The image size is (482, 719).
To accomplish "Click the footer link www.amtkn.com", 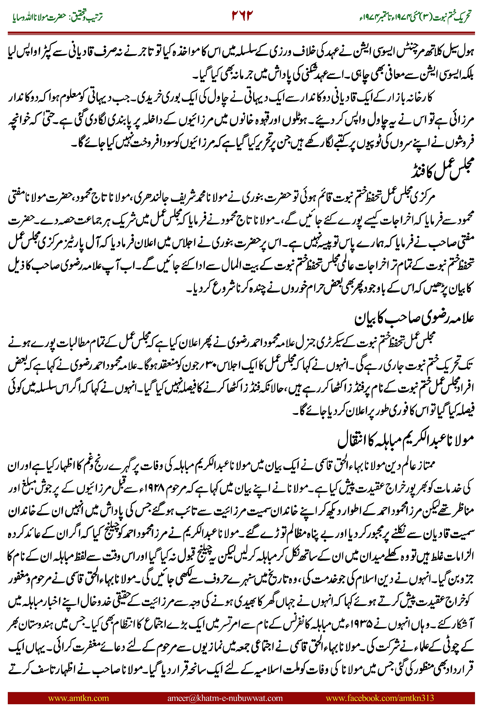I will coord(78,698).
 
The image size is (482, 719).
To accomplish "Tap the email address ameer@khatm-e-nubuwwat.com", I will coord(225,698).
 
